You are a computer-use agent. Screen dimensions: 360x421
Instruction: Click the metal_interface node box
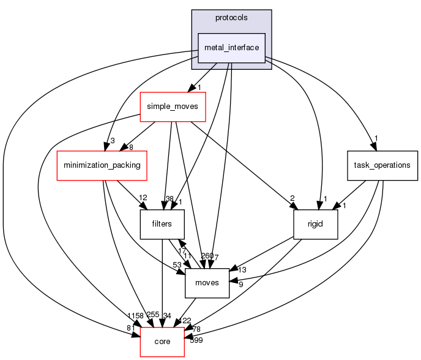[x=231, y=48]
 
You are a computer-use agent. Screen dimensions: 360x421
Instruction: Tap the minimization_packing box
[x=102, y=165]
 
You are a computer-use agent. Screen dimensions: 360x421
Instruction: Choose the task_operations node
[x=382, y=165]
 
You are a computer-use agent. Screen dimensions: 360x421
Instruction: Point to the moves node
[x=207, y=283]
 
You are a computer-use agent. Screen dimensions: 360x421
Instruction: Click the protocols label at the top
[x=231, y=18]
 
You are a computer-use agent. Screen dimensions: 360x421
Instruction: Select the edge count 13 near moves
[x=242, y=269]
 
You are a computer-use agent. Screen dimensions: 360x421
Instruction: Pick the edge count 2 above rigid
[x=292, y=198]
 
